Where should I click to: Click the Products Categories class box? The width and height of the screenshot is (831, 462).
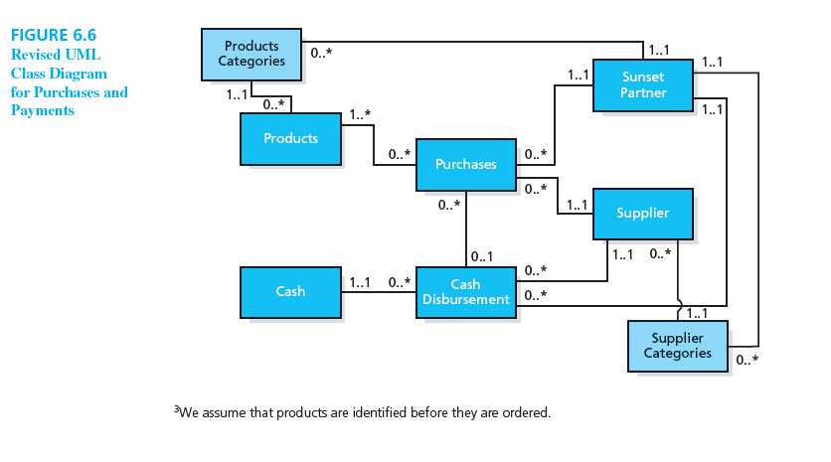coord(251,54)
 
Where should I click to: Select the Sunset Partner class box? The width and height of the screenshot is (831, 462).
coord(642,84)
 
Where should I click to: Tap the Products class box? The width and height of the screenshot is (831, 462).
coord(290,138)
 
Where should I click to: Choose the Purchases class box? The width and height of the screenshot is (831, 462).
coord(465,164)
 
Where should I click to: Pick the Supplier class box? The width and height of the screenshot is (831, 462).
coord(642,213)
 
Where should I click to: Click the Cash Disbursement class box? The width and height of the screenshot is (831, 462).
coord(465,292)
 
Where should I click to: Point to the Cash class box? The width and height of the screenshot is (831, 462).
coord(290,291)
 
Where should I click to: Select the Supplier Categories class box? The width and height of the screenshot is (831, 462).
coord(677,346)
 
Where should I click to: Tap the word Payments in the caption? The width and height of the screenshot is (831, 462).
coord(43,110)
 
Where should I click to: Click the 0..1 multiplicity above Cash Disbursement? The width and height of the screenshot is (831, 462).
coord(484,257)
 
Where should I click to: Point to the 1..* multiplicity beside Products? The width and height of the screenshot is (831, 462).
coord(360,115)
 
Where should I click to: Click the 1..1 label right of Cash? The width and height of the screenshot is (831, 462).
coord(360,282)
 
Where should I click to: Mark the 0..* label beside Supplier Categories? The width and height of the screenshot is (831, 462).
coord(747,359)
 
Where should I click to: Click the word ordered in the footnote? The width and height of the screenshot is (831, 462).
coord(525,412)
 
